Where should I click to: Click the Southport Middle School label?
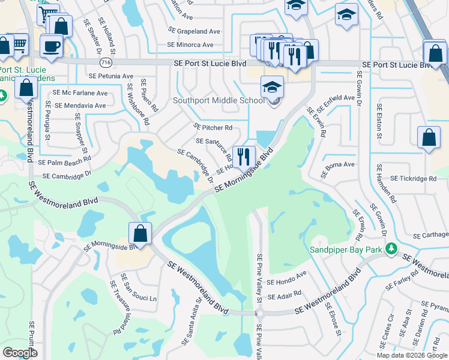click(x=218, y=100)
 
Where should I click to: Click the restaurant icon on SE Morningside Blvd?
click(x=244, y=157)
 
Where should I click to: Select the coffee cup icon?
click(x=52, y=45)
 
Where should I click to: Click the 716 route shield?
click(x=106, y=62)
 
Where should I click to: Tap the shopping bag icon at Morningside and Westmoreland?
click(x=140, y=233)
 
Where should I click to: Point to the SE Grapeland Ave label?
click(x=194, y=30)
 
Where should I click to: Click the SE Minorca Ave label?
click(x=190, y=45)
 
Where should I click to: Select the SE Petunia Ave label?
click(x=110, y=76)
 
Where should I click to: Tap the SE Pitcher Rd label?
click(x=213, y=127)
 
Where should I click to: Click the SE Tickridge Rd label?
click(x=413, y=178)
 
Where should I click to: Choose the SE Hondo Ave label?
click(x=287, y=282)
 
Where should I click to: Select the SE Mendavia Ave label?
click(x=80, y=106)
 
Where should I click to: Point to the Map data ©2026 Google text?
click(x=411, y=355)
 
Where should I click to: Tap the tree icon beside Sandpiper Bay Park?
click(x=391, y=248)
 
